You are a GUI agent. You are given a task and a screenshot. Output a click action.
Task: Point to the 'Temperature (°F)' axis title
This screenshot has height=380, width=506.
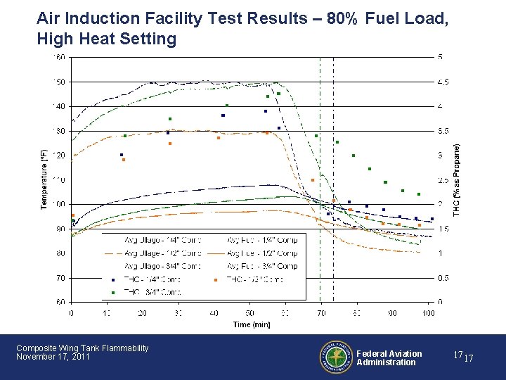pyautogui.click(x=44, y=179)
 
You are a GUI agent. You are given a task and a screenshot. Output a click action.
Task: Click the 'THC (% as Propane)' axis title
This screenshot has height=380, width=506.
pyautogui.click(x=457, y=179)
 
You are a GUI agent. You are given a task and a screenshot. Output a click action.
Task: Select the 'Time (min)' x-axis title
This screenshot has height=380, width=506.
pyautogui.click(x=251, y=324)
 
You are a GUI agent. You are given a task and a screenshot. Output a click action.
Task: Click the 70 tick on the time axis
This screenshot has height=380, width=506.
pyautogui.click(x=320, y=313)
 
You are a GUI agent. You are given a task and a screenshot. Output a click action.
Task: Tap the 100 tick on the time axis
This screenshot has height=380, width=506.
pyautogui.click(x=428, y=313)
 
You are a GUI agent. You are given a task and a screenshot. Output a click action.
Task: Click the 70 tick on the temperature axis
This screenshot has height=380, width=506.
pyautogui.click(x=61, y=278)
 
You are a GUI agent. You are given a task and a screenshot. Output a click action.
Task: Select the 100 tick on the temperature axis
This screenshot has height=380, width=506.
pyautogui.click(x=60, y=204)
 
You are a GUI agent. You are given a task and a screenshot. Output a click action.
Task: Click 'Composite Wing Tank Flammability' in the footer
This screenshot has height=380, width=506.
pyautogui.click(x=82, y=348)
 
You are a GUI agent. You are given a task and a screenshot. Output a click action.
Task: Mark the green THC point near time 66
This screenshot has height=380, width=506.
pyautogui.click(x=316, y=136)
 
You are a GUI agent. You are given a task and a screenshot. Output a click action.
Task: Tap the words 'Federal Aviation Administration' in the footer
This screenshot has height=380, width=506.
pyautogui.click(x=389, y=358)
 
